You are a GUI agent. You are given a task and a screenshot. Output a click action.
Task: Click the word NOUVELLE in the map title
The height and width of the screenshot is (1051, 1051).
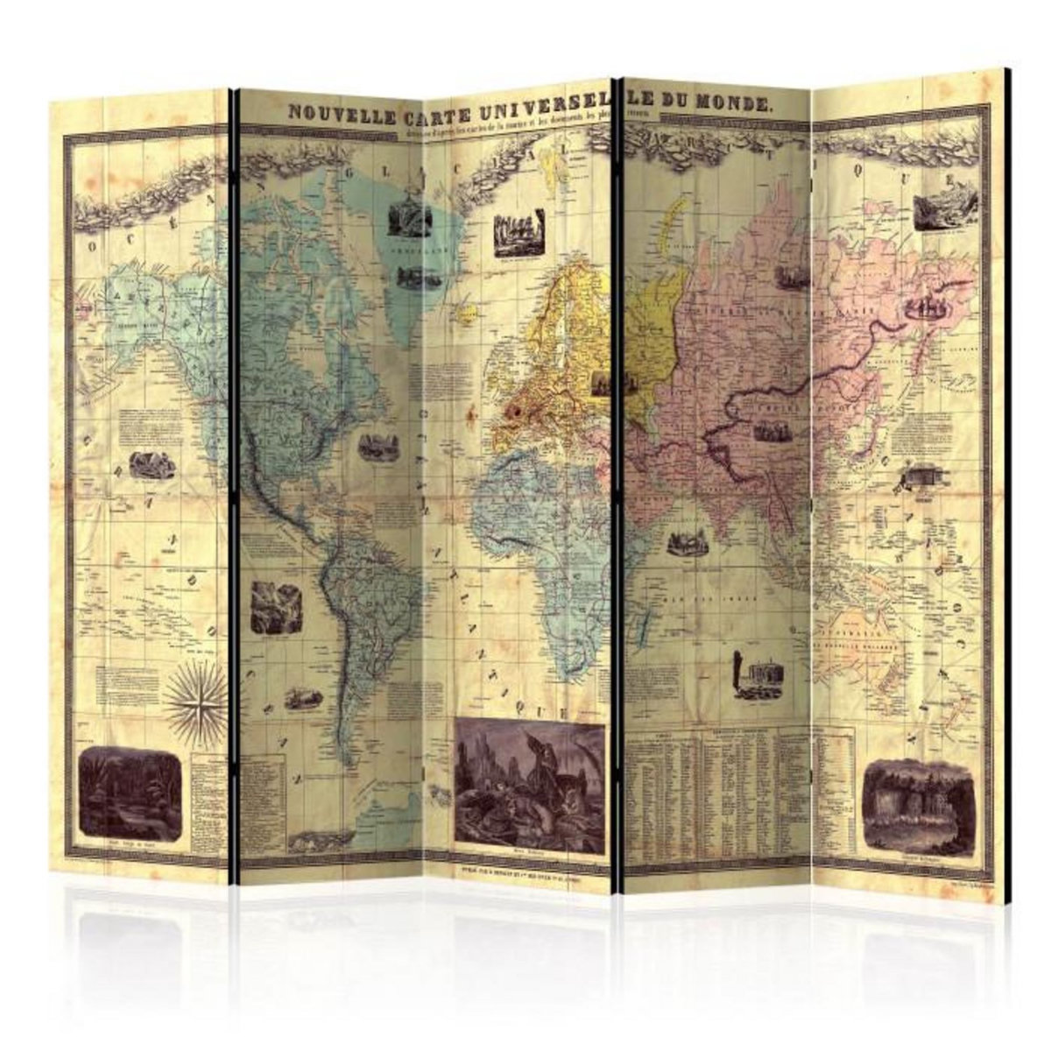pyautogui.click(x=336, y=113)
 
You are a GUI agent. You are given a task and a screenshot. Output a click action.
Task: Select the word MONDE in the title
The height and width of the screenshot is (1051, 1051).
pyautogui.click(x=734, y=103)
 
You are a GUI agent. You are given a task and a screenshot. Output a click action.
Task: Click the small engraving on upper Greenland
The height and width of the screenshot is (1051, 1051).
pyautogui.click(x=406, y=218)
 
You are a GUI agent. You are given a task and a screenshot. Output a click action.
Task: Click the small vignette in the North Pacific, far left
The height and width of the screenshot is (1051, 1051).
pyautogui.click(x=151, y=465)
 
